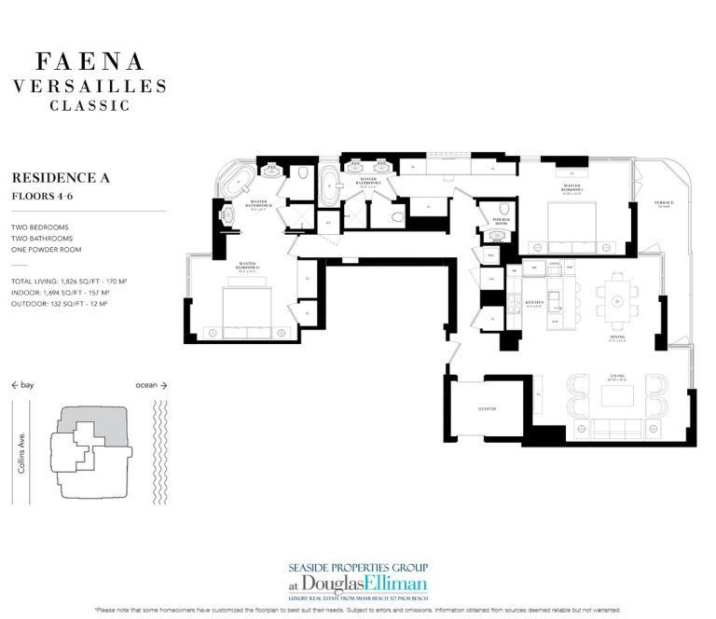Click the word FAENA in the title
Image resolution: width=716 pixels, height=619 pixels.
point(89,62)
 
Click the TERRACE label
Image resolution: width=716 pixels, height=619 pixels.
point(663,202)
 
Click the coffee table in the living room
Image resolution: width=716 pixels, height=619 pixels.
point(618,396)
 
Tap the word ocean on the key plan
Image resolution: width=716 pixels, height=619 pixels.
point(147,384)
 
